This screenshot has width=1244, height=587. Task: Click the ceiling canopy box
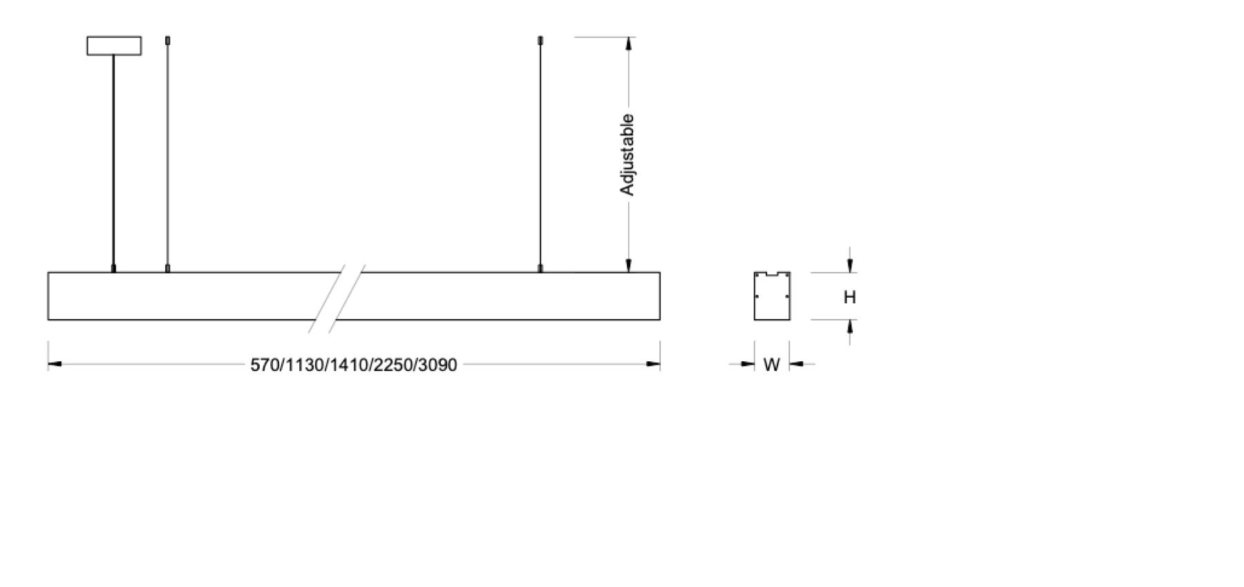114,46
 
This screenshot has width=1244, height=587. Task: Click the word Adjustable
627,155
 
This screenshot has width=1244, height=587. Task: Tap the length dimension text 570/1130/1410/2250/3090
353,365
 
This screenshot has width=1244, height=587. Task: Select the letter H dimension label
849,297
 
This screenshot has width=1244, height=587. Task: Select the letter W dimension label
771,365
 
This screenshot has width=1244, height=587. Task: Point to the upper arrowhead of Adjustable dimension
628,44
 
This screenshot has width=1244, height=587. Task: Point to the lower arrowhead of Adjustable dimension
628,265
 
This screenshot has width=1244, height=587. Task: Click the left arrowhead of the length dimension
55,364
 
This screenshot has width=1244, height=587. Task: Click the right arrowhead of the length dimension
653,364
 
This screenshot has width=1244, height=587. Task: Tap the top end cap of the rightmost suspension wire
540,40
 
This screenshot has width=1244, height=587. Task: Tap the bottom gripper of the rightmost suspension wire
540,268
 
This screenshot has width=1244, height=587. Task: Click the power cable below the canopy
113,159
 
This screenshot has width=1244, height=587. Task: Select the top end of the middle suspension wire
168,40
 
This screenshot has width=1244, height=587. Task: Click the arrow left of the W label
747,364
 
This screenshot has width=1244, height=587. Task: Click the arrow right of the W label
796,364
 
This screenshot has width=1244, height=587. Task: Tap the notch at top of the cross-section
772,274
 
